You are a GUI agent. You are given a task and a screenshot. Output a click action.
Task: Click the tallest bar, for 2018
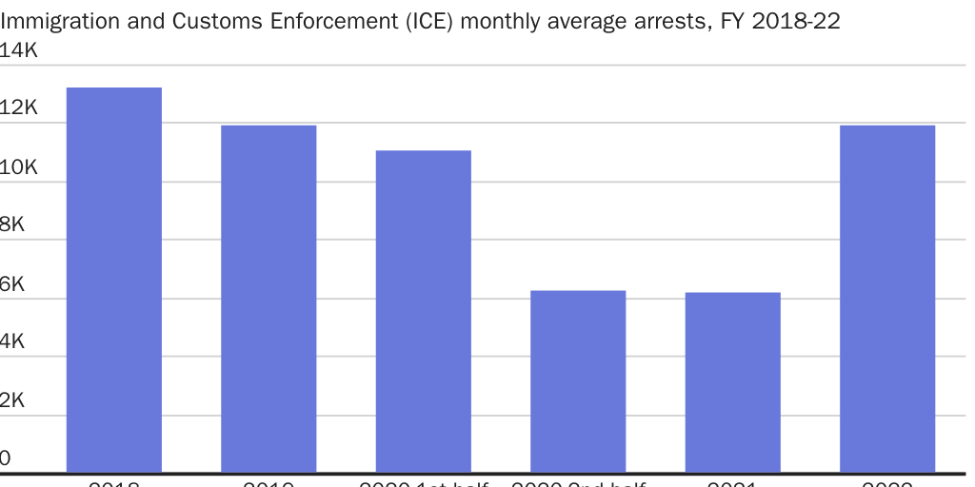click(113, 280)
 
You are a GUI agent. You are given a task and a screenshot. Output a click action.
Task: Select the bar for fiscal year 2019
click(269, 299)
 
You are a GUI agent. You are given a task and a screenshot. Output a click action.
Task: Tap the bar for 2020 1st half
click(423, 311)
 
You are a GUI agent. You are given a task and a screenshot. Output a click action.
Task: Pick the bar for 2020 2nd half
click(578, 381)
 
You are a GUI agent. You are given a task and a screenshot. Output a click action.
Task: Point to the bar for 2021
click(732, 382)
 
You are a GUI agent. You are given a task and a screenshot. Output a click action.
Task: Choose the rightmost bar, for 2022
click(887, 299)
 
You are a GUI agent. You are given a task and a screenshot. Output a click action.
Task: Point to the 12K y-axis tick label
click(18, 108)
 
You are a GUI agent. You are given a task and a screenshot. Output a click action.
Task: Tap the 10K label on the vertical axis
click(18, 167)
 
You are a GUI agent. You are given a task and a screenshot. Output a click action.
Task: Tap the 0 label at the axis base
click(6, 459)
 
